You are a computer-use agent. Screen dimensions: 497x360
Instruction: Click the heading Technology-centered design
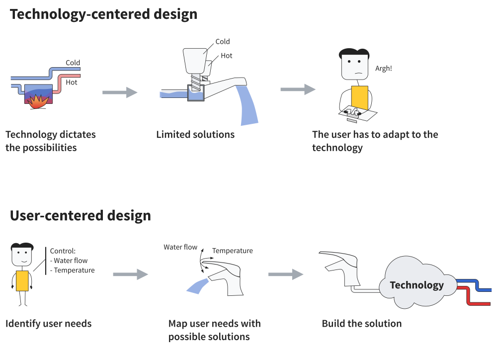click(x=104, y=14)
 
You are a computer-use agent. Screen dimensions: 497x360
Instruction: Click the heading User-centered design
click(x=81, y=216)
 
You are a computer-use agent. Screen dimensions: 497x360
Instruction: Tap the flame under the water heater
click(x=38, y=101)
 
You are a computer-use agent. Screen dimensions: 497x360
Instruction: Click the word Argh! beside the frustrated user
click(x=384, y=68)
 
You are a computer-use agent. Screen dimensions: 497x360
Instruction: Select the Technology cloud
click(x=417, y=282)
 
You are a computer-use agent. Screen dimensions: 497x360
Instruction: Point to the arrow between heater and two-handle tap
click(x=120, y=92)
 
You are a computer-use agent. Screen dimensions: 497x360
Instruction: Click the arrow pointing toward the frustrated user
click(x=298, y=90)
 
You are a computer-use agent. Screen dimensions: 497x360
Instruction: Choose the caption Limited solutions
click(x=195, y=134)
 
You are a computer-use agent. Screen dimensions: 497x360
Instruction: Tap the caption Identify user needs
click(x=49, y=324)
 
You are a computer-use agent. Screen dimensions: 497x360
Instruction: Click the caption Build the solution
click(x=362, y=324)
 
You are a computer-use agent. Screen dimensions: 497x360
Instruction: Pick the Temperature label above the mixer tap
click(x=232, y=251)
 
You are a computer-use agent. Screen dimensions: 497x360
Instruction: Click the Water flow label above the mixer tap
click(x=180, y=247)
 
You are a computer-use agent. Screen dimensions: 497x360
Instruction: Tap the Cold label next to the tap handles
click(x=223, y=42)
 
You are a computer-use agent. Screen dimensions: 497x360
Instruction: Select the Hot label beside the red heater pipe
click(x=71, y=83)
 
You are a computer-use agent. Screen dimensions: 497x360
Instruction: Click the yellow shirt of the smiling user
click(x=22, y=281)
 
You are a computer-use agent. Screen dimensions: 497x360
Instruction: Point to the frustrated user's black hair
click(x=354, y=53)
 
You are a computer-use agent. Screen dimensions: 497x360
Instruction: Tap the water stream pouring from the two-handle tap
click(x=248, y=105)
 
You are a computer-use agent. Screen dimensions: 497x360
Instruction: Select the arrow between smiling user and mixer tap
click(x=131, y=274)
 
